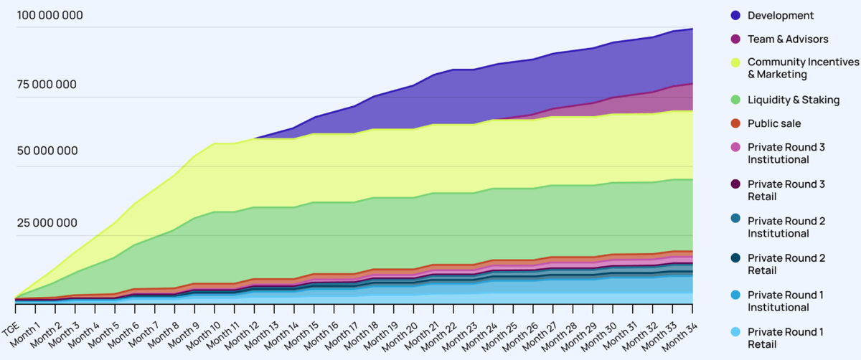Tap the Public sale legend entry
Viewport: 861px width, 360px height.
click(x=774, y=123)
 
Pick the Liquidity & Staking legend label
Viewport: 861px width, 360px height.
click(x=793, y=100)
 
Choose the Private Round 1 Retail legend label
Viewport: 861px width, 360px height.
click(x=786, y=338)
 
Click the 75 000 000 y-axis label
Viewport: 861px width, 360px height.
click(x=47, y=85)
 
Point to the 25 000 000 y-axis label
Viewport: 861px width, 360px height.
click(x=47, y=223)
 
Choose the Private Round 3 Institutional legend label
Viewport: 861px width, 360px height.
click(x=786, y=153)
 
